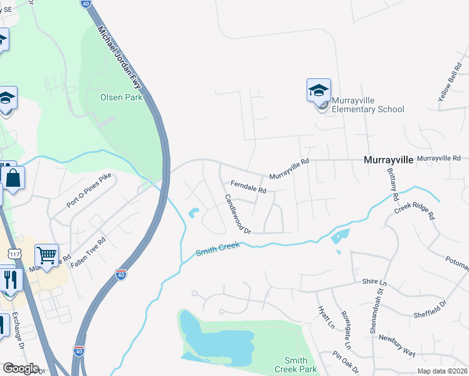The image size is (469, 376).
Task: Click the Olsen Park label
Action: [122, 97]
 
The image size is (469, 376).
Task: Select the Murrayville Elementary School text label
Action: [367, 105]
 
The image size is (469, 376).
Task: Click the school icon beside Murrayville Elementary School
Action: [319, 91]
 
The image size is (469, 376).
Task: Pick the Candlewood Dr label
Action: [238, 214]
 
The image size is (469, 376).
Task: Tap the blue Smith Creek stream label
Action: [218, 249]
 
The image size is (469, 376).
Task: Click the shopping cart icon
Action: [46, 255]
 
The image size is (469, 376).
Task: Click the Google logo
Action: [20, 368]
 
